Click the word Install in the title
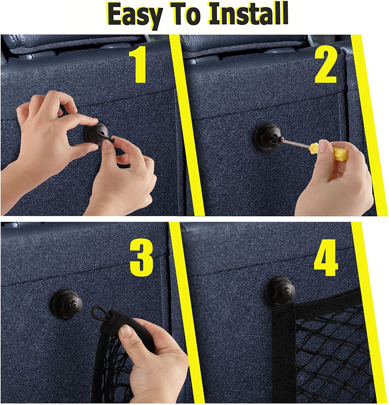coord(248,14)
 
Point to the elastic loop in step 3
coord(100,313)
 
